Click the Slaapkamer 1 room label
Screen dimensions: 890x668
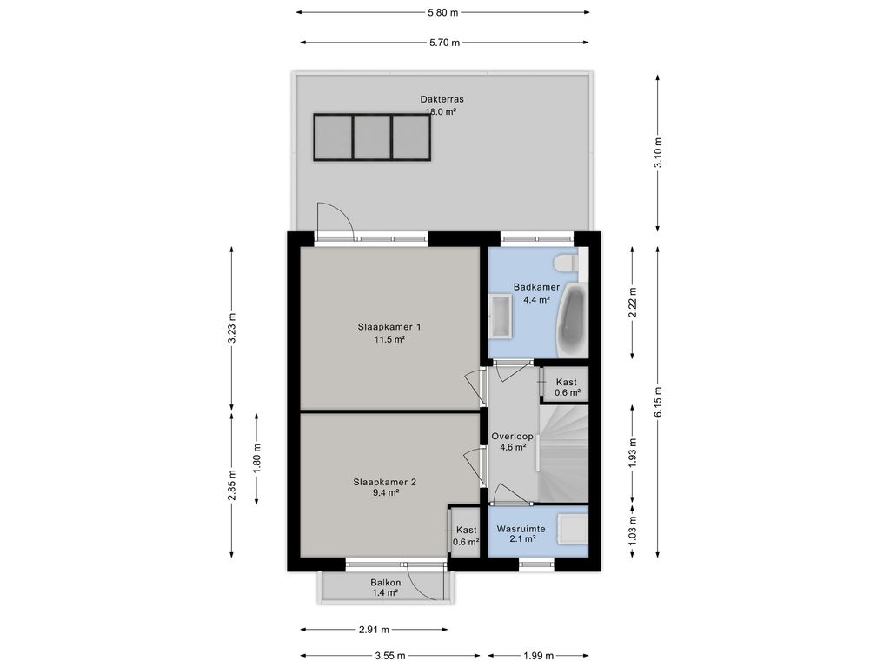point(389,327)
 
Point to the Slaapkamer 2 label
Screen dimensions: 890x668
point(385,482)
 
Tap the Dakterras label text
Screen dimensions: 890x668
point(442,99)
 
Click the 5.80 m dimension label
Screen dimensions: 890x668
point(442,12)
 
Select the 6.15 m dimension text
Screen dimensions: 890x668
point(658,402)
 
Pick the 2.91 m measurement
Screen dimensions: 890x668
point(374,630)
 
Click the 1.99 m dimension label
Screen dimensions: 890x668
point(538,656)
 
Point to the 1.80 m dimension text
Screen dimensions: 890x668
point(257,458)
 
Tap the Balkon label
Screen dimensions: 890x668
point(386,582)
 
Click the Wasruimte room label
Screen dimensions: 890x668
point(521,529)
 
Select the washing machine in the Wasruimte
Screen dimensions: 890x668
point(572,528)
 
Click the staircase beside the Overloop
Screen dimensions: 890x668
point(563,453)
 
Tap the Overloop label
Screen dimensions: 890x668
point(513,437)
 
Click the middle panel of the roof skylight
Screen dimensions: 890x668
point(372,137)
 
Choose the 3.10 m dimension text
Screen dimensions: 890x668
point(658,153)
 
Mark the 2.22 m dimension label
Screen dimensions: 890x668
point(634,302)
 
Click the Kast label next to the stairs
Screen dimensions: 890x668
point(567,383)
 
